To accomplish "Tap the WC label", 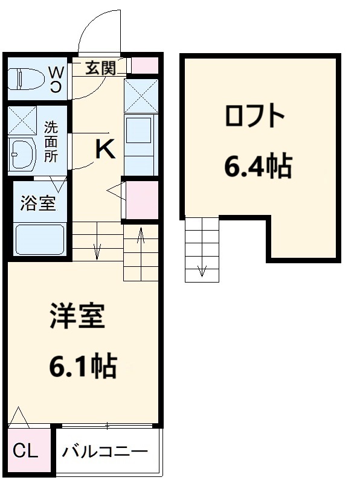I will click(x=56, y=78).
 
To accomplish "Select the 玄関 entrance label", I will click(x=99, y=68).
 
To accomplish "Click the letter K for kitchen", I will click(x=105, y=149).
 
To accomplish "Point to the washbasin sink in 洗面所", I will click(x=22, y=154).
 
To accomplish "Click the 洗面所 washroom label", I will click(x=51, y=142).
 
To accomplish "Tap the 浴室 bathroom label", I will click(x=37, y=203).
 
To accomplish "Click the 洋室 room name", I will click(x=77, y=316).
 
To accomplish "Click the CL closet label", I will click(x=25, y=450).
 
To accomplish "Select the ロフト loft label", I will click(x=254, y=116).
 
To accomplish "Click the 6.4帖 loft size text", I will click(x=258, y=165).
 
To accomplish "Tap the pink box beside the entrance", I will click(x=145, y=66).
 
